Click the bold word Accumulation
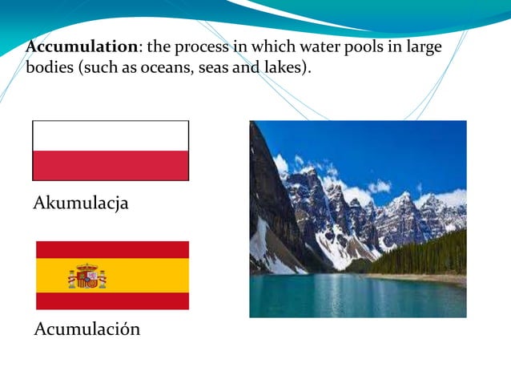pos(81,47)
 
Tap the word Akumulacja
pos(80,204)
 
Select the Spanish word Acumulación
pos(87,329)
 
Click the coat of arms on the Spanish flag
pos(87,276)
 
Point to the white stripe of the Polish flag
pos(111,135)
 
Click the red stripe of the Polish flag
pos(111,165)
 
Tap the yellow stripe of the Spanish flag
pos(144,275)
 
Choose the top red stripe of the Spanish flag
pos(112,249)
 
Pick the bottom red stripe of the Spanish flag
pos(112,300)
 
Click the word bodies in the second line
pos(49,68)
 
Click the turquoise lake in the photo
pos(352,296)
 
